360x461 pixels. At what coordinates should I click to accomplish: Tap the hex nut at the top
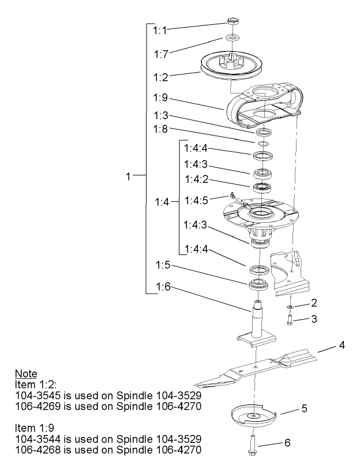[234, 24]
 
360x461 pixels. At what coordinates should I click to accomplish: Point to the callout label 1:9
[162, 98]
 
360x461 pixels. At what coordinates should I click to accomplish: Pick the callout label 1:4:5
[196, 200]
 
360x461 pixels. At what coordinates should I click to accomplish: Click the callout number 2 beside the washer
[314, 302]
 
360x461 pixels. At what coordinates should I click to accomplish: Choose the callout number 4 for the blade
[342, 346]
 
